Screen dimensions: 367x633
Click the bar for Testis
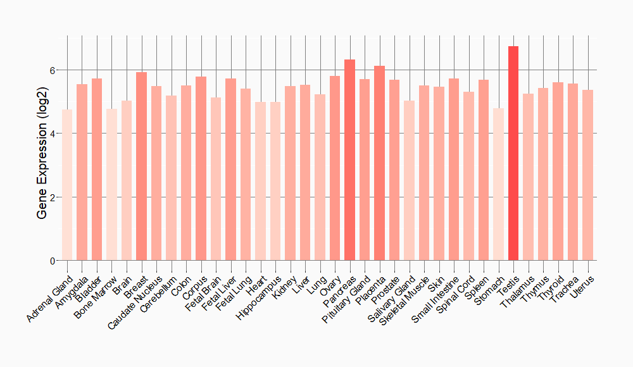point(513,153)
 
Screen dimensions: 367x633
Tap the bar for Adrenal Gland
point(67,185)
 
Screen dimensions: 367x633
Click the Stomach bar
point(498,184)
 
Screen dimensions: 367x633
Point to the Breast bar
point(141,166)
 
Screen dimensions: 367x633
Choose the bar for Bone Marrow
point(111,185)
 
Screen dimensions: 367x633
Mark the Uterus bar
point(587,175)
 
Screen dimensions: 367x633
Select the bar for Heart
point(260,181)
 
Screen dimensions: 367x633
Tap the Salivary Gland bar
point(409,180)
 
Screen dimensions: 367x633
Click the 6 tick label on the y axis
point(54,70)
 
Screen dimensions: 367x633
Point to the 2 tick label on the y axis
point(54,197)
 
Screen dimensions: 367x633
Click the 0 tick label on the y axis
point(54,261)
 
